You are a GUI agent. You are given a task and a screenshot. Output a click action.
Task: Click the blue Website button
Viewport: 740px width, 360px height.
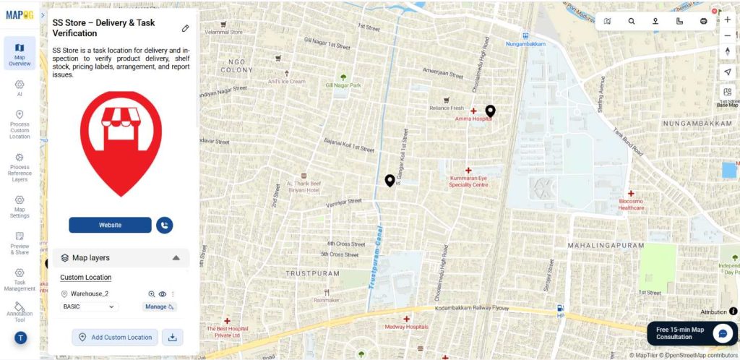(110, 225)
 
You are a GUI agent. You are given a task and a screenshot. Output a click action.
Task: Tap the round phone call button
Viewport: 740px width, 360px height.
(165, 225)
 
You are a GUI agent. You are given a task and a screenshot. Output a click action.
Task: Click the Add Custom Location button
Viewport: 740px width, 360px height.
(115, 337)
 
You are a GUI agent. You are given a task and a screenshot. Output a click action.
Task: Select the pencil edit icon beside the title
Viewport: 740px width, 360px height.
(185, 28)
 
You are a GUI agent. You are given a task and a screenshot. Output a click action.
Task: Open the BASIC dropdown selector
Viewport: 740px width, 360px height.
(90, 307)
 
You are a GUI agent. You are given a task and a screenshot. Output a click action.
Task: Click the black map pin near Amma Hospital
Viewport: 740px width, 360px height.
(490, 111)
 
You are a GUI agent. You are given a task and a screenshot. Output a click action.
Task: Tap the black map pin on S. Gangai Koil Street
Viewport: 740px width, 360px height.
(390, 180)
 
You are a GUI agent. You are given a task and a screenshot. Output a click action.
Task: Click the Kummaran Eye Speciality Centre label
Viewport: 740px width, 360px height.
(468, 181)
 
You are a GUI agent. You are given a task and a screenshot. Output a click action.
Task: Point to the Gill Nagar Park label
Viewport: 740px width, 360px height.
(343, 85)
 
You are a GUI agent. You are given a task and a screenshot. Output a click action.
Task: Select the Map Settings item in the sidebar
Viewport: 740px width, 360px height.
(20, 206)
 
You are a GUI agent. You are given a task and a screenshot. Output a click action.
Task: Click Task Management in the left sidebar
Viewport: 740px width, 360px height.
(20, 279)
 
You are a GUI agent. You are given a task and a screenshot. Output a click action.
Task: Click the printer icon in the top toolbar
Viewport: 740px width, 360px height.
(703, 22)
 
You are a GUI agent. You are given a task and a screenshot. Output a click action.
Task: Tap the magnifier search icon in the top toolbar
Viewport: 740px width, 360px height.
(632, 22)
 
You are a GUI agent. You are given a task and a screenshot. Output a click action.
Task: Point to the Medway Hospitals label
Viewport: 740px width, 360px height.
(406, 326)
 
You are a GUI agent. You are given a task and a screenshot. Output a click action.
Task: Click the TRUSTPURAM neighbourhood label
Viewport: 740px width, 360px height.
(312, 273)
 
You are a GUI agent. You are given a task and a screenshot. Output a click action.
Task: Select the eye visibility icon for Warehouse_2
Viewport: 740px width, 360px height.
(163, 294)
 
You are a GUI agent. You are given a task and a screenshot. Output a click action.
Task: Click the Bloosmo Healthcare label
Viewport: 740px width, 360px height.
(631, 204)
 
